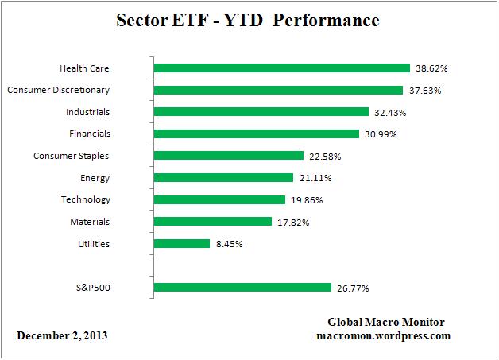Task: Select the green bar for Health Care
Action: tap(281, 68)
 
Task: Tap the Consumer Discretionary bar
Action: tap(278, 90)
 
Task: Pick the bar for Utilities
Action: tap(181, 243)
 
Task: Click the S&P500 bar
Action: tap(242, 287)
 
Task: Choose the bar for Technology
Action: tap(219, 199)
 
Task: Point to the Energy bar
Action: tap(223, 178)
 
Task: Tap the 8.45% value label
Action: tap(229, 244)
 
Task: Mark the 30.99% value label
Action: tap(381, 134)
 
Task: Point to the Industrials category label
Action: tap(88, 112)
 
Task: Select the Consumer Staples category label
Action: tap(72, 156)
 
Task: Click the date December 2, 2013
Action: tap(62, 335)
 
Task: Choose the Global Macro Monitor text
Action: tap(386, 322)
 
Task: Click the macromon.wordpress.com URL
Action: tap(383, 335)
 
